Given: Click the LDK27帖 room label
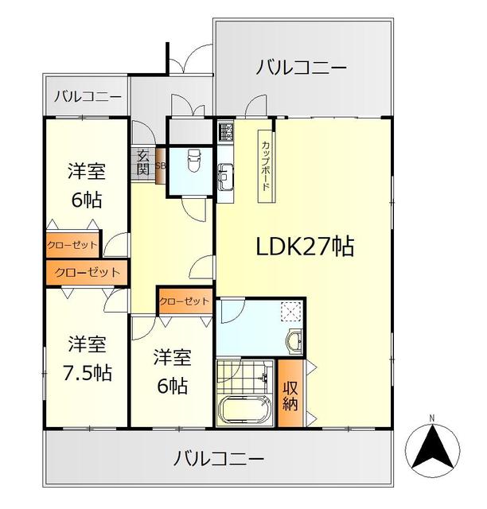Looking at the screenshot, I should (x=305, y=247).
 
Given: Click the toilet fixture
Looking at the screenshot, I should (x=191, y=164).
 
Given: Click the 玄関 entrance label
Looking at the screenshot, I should (x=143, y=161).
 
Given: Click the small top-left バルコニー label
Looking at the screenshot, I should (x=88, y=97).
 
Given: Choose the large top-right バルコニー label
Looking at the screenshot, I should (x=302, y=68).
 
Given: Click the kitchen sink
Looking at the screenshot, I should (x=224, y=172).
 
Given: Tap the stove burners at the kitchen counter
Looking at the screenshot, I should (x=224, y=130).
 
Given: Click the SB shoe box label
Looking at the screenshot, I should (x=160, y=166).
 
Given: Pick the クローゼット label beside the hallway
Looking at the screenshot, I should (x=184, y=301).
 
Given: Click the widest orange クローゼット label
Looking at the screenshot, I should (x=88, y=272).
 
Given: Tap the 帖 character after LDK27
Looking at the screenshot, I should (x=342, y=247).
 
